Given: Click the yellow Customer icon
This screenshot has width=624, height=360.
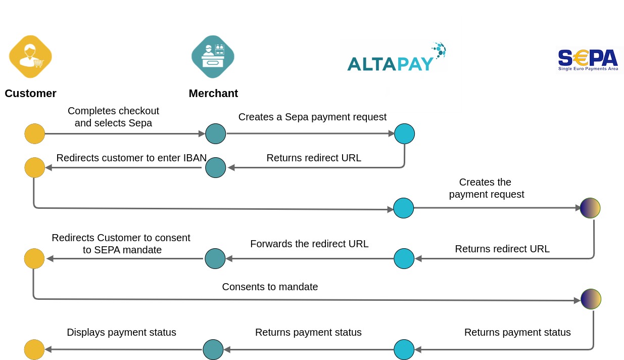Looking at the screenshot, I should [x=30, y=57].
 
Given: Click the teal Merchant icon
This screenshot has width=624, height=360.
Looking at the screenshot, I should [x=213, y=57].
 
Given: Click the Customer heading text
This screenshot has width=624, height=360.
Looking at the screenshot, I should [x=30, y=94].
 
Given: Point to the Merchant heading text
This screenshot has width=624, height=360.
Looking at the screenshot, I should [x=213, y=94].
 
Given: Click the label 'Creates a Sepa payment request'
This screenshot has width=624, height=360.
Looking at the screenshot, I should [x=312, y=117].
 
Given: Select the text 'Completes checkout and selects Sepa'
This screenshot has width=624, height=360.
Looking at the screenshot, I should [x=113, y=117].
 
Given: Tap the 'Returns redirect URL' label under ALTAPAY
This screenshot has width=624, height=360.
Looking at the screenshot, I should [x=314, y=158].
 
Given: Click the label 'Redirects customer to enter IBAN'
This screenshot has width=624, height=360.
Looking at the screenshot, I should [x=131, y=158].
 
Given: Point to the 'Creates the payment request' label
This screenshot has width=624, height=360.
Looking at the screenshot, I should [x=486, y=188].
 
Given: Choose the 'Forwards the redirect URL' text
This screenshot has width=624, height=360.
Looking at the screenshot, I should [x=309, y=244].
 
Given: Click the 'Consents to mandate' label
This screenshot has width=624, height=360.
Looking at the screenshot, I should [x=270, y=287].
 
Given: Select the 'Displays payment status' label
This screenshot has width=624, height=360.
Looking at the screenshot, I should [x=121, y=332].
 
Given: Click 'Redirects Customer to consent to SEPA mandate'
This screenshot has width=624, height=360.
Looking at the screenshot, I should [x=121, y=243].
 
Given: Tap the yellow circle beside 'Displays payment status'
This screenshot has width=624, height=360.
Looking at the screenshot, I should [x=34, y=349].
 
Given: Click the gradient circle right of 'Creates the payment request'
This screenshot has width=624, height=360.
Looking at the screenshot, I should [x=590, y=208].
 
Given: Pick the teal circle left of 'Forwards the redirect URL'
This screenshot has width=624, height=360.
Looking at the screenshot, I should [x=215, y=258].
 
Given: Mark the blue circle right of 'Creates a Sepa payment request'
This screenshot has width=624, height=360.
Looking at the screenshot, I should [x=404, y=134].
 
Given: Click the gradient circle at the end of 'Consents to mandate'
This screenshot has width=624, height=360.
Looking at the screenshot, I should [x=591, y=299].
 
